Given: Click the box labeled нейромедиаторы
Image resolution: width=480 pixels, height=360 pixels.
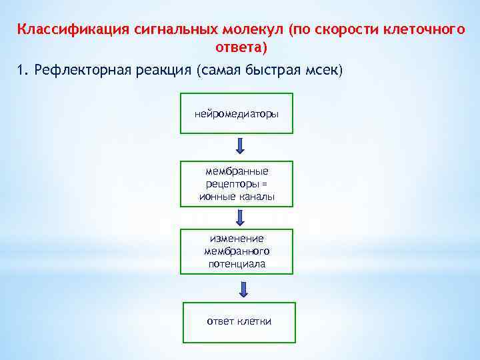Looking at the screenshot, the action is (237, 115).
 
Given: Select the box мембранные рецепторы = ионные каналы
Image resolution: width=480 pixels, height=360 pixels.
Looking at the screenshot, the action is (237, 183).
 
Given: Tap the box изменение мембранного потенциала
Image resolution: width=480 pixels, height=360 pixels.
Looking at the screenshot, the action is (237, 251).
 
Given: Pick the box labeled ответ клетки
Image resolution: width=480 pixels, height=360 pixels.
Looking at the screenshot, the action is (239, 322).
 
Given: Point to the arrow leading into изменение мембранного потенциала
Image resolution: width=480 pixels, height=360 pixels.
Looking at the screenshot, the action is (241, 217).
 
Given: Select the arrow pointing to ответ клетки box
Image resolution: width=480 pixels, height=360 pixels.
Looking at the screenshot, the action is (243, 289).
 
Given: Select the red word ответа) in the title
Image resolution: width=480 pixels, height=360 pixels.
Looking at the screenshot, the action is (241, 47).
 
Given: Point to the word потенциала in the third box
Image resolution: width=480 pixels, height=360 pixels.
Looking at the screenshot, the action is (237, 264).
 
